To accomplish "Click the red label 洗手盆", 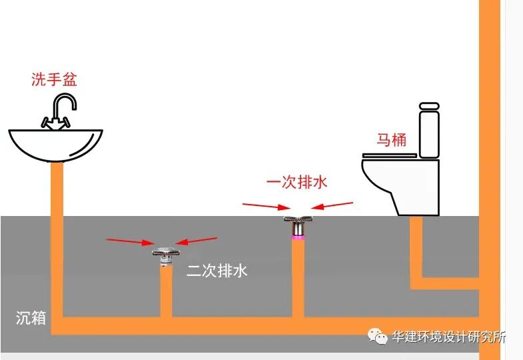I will [x=54, y=80].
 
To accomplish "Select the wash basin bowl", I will [x=56, y=143].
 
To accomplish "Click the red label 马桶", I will [x=392, y=141].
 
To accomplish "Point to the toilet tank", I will [x=428, y=133].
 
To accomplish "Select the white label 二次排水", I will [x=217, y=272].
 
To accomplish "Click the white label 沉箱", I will [x=31, y=318].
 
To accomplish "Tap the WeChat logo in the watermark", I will [x=380, y=337].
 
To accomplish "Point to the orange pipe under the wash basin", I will [x=57, y=233].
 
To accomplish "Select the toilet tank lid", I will [x=428, y=106].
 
